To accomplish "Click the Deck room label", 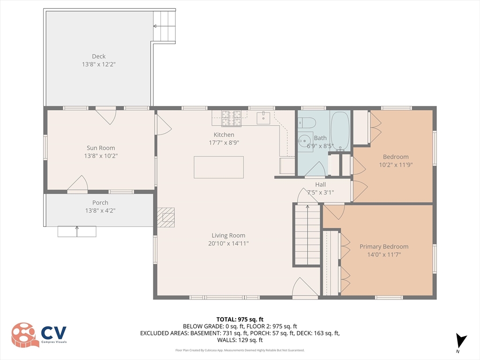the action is [98, 56].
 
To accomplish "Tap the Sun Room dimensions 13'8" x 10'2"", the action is [101, 156].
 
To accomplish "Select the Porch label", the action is [100, 202].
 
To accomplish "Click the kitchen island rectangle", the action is [218, 167].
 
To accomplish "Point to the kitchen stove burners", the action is [232, 118].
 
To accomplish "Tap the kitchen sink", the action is [263, 118].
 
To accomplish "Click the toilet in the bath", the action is [307, 123].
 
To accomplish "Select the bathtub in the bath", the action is [340, 131].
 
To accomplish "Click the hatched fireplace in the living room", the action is [166, 217].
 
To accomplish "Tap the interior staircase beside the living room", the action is [307, 234].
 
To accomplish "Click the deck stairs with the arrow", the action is [164, 26].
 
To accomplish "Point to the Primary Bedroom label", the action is [384, 247].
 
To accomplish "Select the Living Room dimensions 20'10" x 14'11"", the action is [228, 243].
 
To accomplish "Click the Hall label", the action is [321, 185].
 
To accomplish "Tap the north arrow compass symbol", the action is [460, 341].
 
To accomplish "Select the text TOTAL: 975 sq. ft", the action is [240, 320].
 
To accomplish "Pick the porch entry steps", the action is [77, 232].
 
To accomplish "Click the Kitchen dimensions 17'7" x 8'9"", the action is [224, 142].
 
